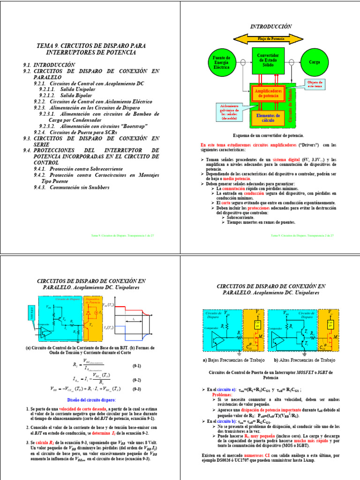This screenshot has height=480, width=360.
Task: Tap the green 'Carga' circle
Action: [x=314, y=62]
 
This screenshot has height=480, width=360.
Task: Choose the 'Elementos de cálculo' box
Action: [x=268, y=118]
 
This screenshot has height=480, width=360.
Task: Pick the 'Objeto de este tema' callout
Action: [x=315, y=84]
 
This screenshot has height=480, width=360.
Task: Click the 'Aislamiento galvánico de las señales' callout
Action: [x=229, y=112]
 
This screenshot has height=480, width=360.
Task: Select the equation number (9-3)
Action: [x=136, y=389]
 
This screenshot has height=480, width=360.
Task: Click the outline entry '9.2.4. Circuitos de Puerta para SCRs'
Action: [x=78, y=132]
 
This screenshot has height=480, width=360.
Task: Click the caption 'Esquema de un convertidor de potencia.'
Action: [x=268, y=135]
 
